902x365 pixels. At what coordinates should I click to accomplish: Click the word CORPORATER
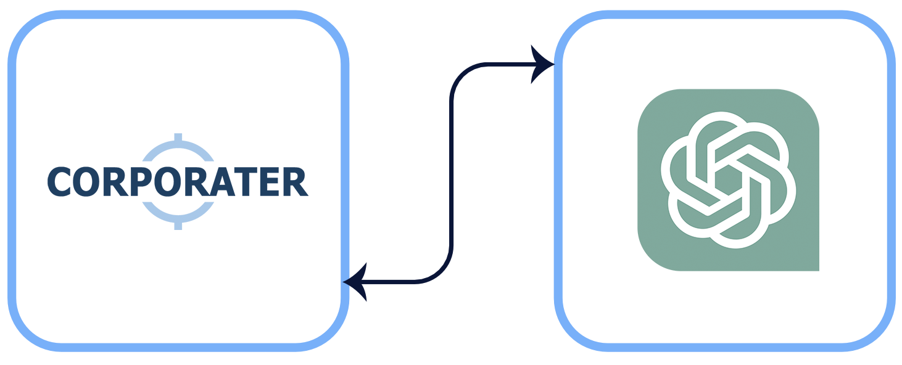pyautogui.click(x=178, y=182)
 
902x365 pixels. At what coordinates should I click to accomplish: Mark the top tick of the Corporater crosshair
pyautogui.click(x=178, y=137)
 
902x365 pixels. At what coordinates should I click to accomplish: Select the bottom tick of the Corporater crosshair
pyautogui.click(x=178, y=226)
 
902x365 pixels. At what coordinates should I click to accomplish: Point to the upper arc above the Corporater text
pyautogui.click(x=178, y=150)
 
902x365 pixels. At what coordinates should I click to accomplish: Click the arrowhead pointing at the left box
pyautogui.click(x=355, y=282)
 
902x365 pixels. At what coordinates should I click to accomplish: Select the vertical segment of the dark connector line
pyautogui.click(x=452, y=173)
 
